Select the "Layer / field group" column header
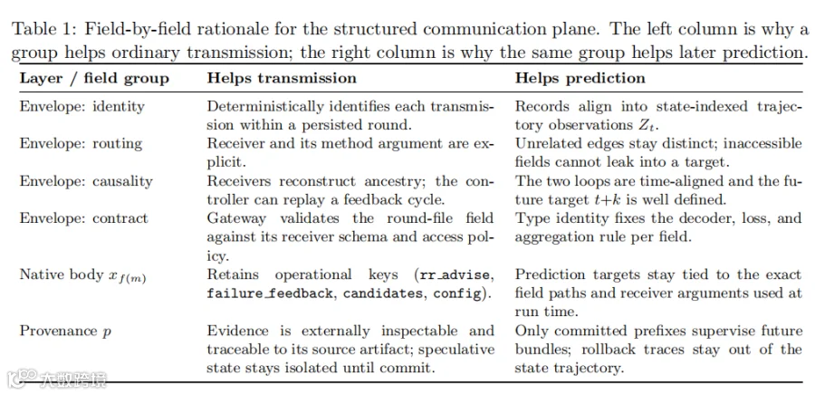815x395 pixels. [94, 79]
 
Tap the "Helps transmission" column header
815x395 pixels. [282, 79]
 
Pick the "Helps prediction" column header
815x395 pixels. [580, 79]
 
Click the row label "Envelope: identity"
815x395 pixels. [82, 107]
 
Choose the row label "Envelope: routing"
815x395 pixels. [81, 144]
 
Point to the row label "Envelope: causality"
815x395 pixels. [86, 181]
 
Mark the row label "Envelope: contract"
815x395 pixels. [83, 218]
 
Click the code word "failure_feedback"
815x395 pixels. [270, 294]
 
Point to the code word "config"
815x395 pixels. [457, 294]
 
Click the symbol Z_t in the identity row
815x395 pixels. [661, 126]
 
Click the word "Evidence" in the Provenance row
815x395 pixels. [237, 331]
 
